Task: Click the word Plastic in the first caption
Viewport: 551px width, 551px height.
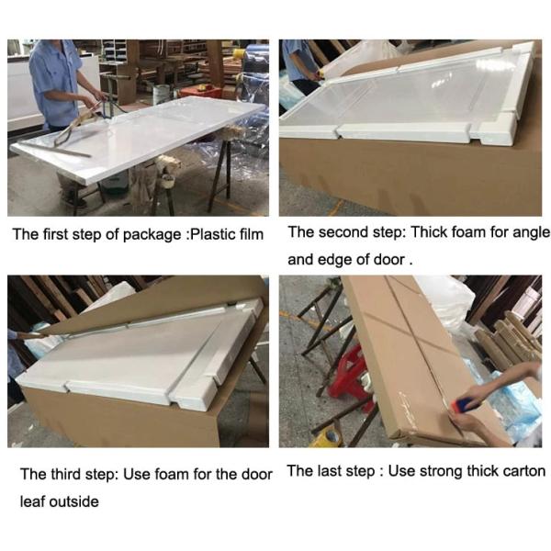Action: pyautogui.click(x=212, y=234)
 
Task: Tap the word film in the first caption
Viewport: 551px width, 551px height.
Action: pyautogui.click(x=252, y=234)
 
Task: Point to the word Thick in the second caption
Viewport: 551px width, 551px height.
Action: pyautogui.click(x=429, y=232)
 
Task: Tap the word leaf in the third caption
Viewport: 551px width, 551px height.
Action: pyautogui.click(x=33, y=501)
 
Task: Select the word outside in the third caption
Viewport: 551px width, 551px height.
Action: pyautogui.click(x=74, y=501)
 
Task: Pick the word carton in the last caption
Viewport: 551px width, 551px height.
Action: pyautogui.click(x=524, y=471)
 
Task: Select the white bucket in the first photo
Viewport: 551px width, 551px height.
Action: pyautogui.click(x=162, y=95)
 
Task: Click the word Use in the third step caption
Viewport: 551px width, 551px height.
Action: pyautogui.click(x=137, y=474)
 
